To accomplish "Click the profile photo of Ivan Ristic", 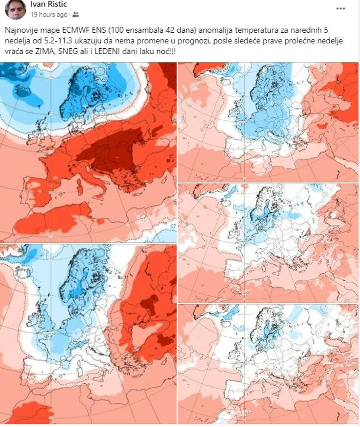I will (15, 9).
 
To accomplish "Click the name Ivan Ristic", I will (50, 4).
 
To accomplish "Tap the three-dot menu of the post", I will (340, 8).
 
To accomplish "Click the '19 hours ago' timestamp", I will (49, 15).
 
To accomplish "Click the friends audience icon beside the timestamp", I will (76, 15).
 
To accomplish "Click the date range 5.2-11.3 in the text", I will (62, 41).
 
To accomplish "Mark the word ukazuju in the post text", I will (96, 41).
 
